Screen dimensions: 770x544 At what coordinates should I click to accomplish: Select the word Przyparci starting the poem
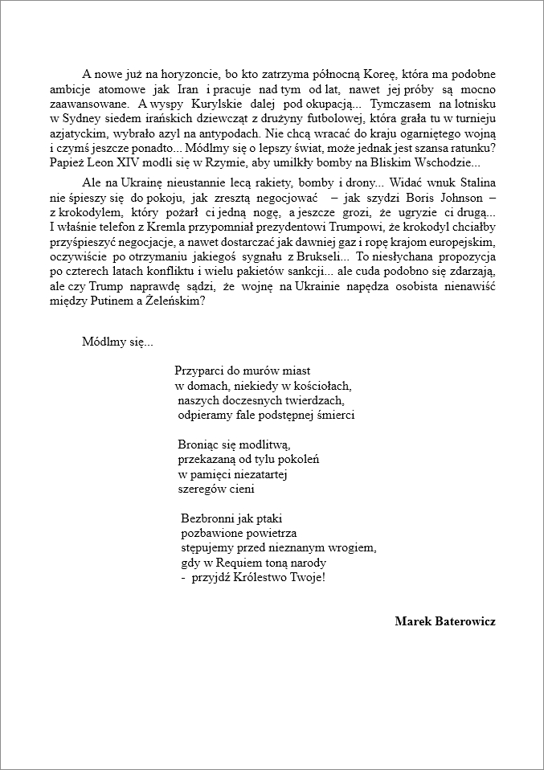[200, 371]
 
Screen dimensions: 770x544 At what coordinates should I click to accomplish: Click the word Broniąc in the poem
[198, 444]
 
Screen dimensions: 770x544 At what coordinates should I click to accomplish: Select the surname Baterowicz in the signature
[466, 621]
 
